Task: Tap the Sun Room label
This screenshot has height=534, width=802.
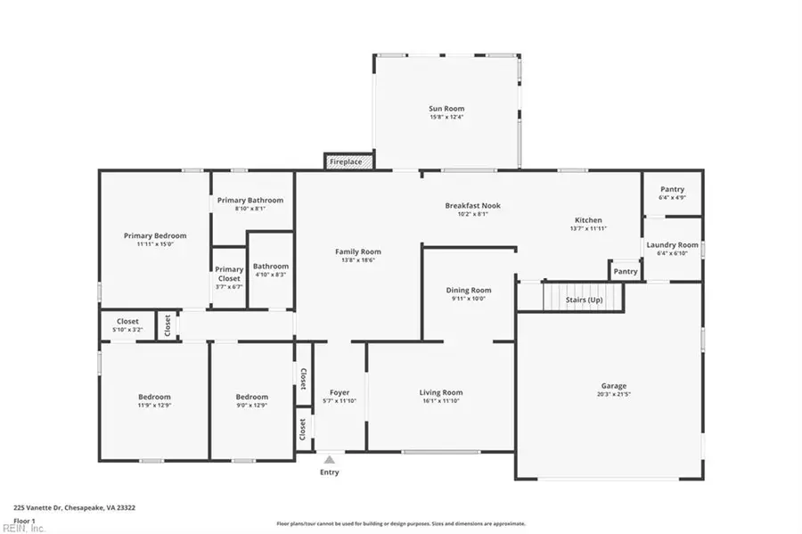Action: point(446,109)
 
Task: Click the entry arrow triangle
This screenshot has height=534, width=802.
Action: point(329,460)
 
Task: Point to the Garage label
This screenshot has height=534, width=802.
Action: point(611,386)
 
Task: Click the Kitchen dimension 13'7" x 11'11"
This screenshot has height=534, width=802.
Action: point(587,228)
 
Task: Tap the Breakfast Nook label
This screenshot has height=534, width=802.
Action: point(472,205)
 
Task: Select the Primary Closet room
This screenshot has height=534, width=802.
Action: point(229,277)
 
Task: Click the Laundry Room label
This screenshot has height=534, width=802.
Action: point(672,244)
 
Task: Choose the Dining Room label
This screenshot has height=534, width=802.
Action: point(469,290)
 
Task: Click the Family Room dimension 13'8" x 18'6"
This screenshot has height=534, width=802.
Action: point(357,260)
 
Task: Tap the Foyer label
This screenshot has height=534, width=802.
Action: point(340,392)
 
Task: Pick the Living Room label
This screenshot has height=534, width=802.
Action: point(441,392)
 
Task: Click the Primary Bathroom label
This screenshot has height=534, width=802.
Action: point(250,201)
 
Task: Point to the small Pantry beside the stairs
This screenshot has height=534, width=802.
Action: point(626,271)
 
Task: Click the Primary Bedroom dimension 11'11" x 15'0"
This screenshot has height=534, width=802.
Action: point(155,244)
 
